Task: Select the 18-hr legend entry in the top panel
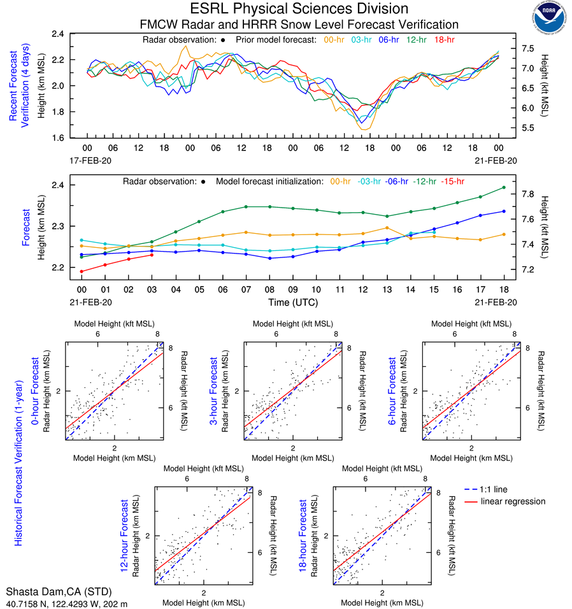click(445, 39)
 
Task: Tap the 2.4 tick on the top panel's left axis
click(58, 34)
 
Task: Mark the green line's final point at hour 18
click(504, 187)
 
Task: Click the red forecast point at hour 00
click(82, 271)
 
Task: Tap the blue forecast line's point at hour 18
click(504, 211)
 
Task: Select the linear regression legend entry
click(513, 501)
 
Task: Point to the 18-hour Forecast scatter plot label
click(304, 535)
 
